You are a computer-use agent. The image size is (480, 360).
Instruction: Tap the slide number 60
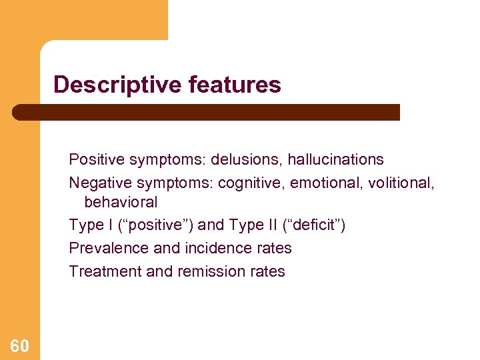19,345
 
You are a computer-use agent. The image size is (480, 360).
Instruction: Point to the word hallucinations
335,160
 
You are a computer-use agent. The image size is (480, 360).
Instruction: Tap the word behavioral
121,202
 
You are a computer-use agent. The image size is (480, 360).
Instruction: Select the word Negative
97,183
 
